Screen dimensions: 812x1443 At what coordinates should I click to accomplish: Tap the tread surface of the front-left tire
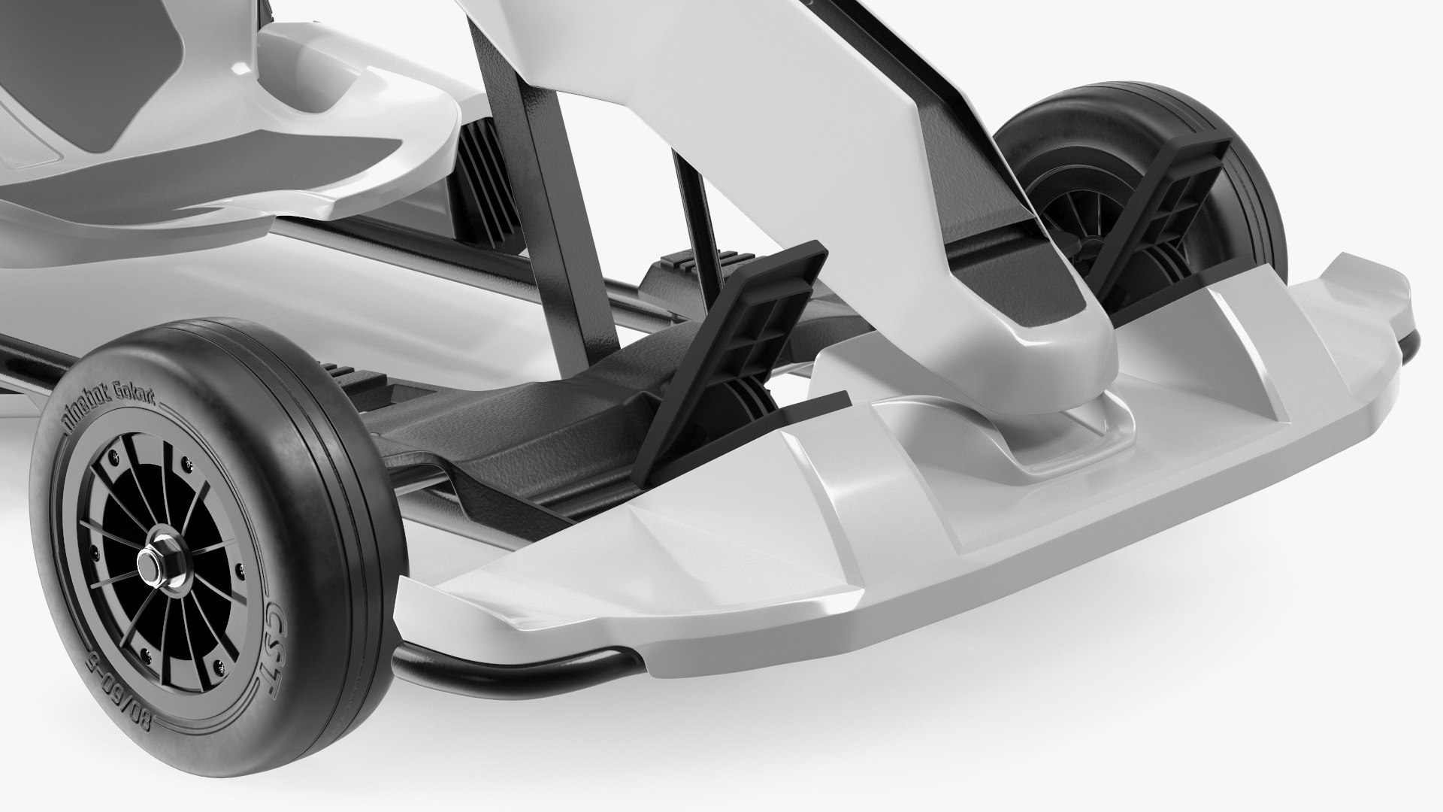331,466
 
